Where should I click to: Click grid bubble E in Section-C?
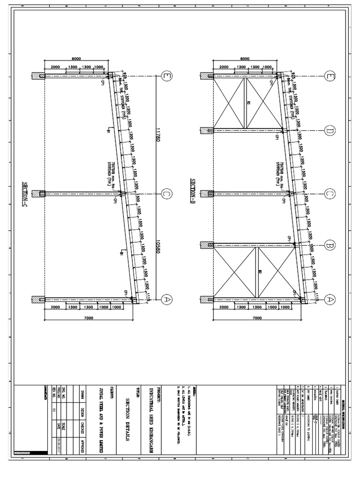click(x=165, y=76)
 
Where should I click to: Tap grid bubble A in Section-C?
click(x=165, y=299)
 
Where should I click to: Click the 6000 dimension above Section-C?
click(x=76, y=59)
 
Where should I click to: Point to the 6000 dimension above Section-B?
click(x=244, y=59)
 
